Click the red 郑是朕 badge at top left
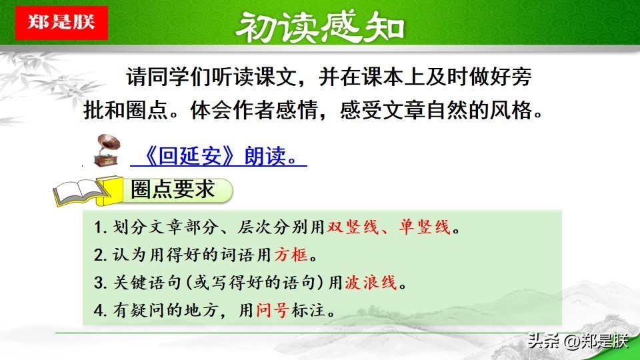pos(61,23)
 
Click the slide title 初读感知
pos(320,27)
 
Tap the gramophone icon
pos(107,151)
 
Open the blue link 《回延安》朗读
pos(219,156)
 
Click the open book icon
pos(80,193)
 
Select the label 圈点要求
pos(173,189)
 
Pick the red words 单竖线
pos(425,227)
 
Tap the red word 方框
pos(291,255)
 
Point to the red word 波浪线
pos(371,283)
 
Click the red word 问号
pos(273,310)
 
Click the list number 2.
pos(99,255)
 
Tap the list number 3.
pos(99,283)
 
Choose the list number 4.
pos(99,311)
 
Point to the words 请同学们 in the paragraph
pos(169,77)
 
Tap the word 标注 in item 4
pos(309,310)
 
